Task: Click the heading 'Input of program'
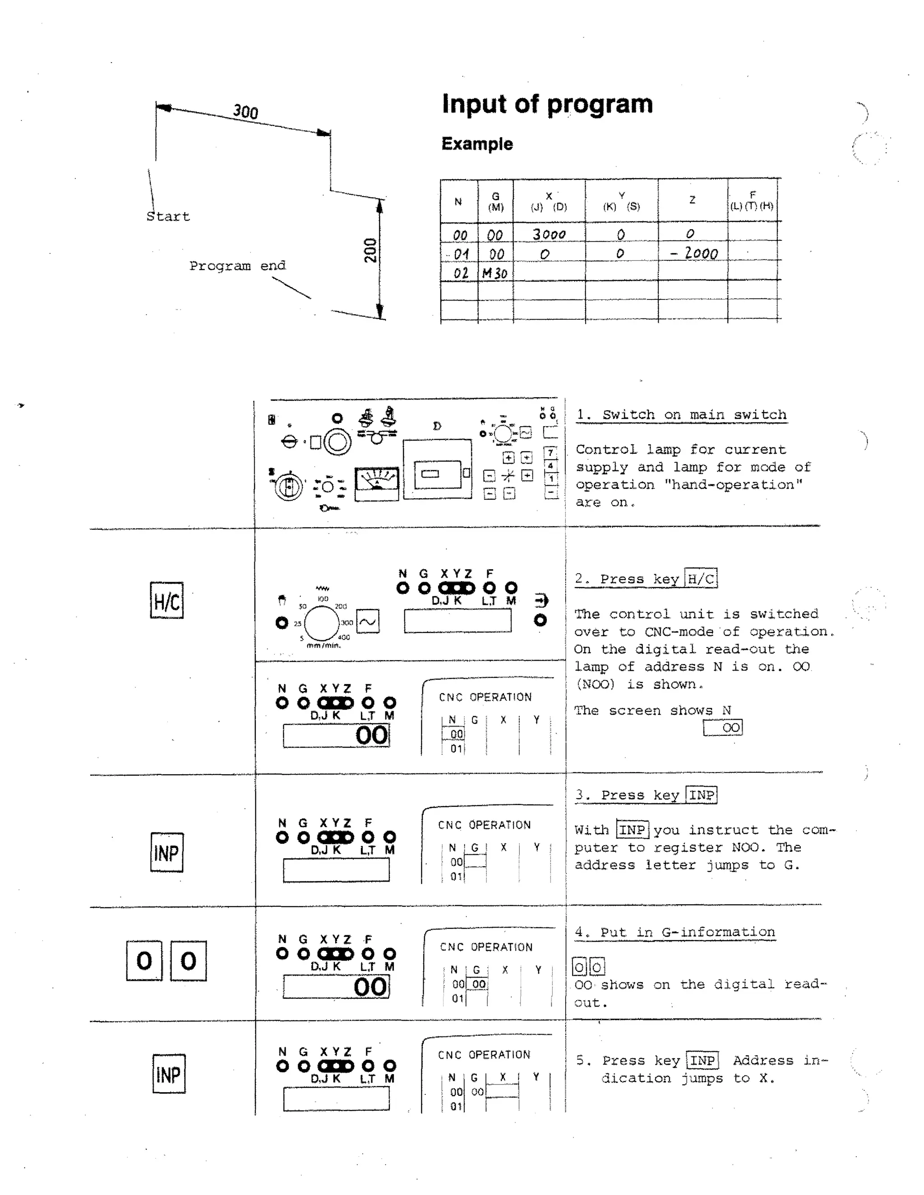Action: click(x=547, y=104)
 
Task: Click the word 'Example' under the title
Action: click(x=477, y=144)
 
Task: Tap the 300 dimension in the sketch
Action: click(x=245, y=112)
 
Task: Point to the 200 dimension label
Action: click(x=370, y=250)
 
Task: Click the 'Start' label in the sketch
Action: click(x=167, y=216)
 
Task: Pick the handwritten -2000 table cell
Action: click(x=694, y=253)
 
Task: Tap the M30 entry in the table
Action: click(x=494, y=273)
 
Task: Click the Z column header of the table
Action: click(x=692, y=200)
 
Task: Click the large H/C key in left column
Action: click(x=166, y=601)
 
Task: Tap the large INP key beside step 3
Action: click(x=166, y=852)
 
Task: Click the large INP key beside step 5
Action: click(x=169, y=1074)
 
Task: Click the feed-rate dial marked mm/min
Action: click(x=322, y=623)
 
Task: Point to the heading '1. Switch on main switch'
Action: click(x=681, y=415)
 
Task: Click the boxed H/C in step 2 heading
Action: click(x=701, y=579)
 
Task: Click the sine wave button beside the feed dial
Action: click(x=368, y=621)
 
